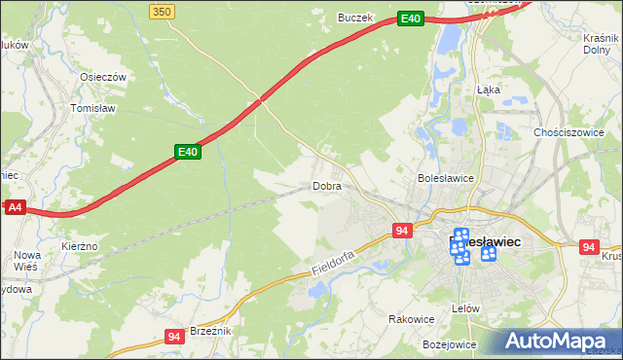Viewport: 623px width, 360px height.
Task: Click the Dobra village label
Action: tap(327, 185)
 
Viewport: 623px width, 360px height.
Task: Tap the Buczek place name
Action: tap(355, 18)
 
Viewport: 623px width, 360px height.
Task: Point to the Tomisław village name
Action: tap(93, 109)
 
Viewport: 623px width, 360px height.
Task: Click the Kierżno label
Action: tap(80, 247)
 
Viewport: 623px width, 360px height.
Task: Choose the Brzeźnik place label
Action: tap(210, 331)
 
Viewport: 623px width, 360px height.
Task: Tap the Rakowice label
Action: tap(411, 318)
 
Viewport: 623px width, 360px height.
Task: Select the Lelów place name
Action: tap(467, 308)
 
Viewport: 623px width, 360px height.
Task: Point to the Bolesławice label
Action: tap(445, 178)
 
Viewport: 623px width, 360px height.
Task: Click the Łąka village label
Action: tap(488, 89)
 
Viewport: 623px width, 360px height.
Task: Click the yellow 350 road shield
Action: tap(163, 11)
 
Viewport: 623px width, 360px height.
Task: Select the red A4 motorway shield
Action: tap(15, 207)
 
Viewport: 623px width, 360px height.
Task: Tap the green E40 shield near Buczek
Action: tap(411, 18)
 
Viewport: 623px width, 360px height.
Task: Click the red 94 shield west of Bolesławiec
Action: tap(402, 231)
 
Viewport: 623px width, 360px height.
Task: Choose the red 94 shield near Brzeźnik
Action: tap(174, 337)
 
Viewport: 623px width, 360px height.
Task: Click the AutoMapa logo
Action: tap(559, 341)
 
